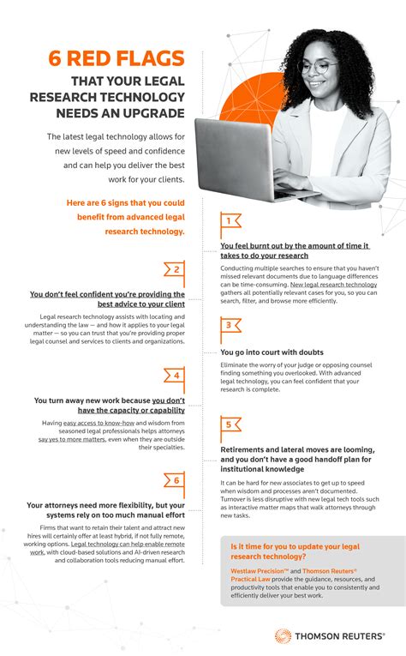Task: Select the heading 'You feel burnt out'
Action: click(x=294, y=250)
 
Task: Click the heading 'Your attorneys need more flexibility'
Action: click(x=106, y=511)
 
